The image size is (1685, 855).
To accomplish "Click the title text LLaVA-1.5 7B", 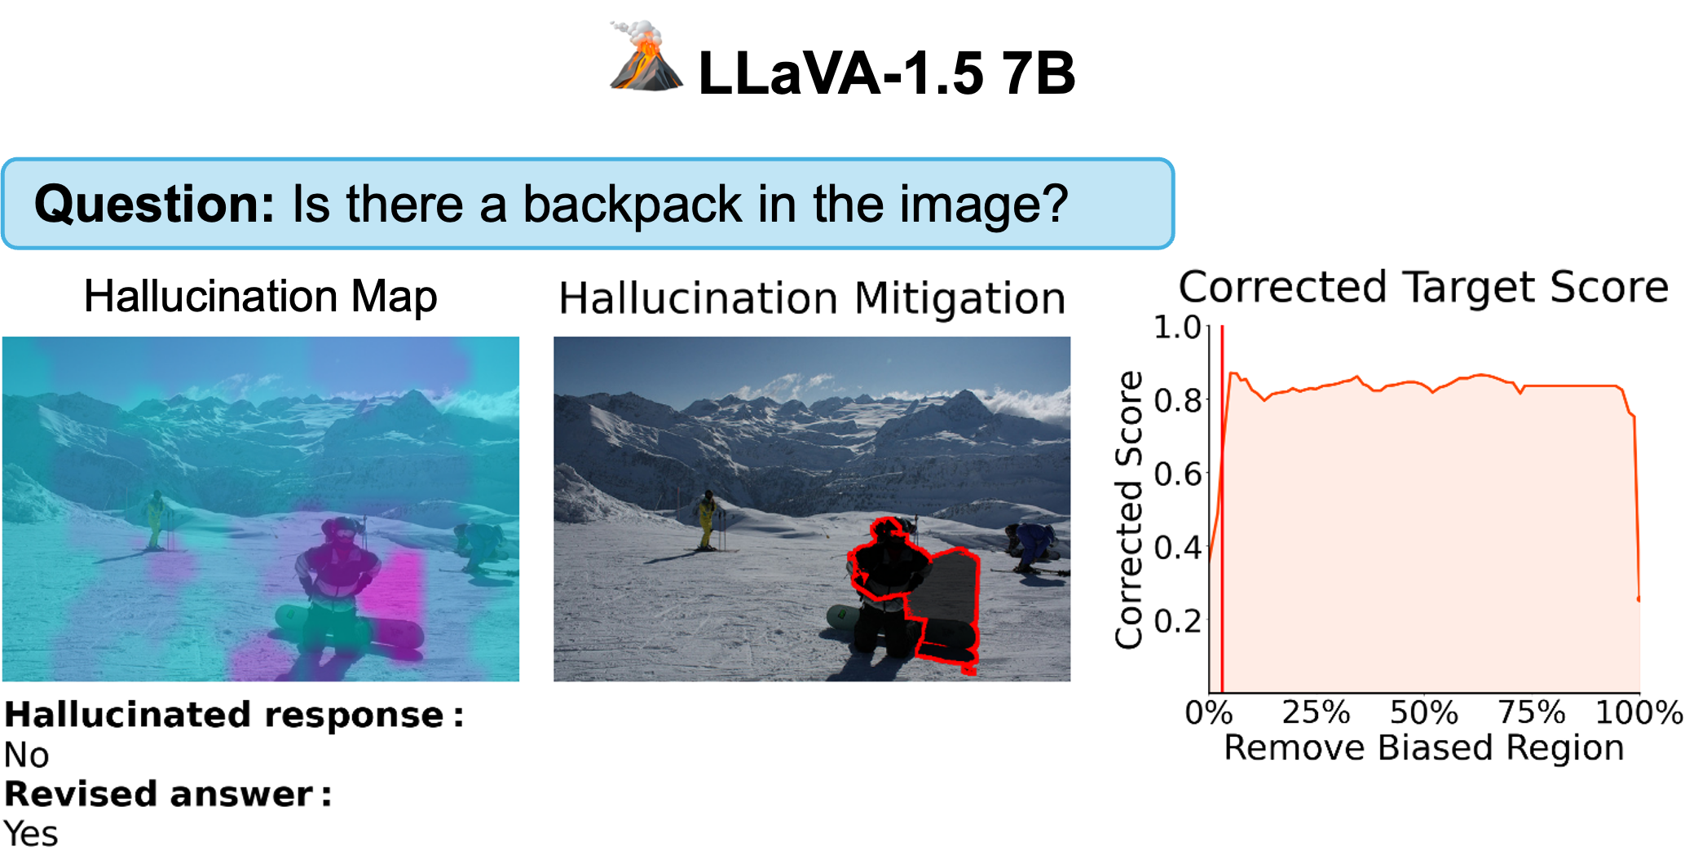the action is point(887,73).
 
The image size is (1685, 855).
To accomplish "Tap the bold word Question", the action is point(154,204).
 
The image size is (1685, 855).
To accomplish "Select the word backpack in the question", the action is point(632,204).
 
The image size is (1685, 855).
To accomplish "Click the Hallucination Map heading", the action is point(260,297).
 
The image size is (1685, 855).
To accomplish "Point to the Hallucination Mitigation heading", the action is point(812,298).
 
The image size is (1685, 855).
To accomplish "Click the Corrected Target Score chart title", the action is point(1423,287).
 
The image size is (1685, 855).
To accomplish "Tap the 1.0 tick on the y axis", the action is point(1178,327).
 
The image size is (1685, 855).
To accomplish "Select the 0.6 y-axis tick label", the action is point(1178,474).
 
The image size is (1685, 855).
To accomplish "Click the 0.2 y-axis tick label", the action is point(1178,621).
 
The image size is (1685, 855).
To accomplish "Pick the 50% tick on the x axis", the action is point(1423,713).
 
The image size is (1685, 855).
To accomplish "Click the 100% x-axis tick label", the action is point(1639,713).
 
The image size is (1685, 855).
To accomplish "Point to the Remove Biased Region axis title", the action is point(1424,748).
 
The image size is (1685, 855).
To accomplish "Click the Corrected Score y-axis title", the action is point(1129,510).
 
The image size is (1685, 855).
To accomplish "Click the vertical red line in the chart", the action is point(1222,509).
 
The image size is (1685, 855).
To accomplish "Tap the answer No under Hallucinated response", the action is point(27,756).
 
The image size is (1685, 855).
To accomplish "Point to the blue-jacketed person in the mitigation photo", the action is point(1033,544).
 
